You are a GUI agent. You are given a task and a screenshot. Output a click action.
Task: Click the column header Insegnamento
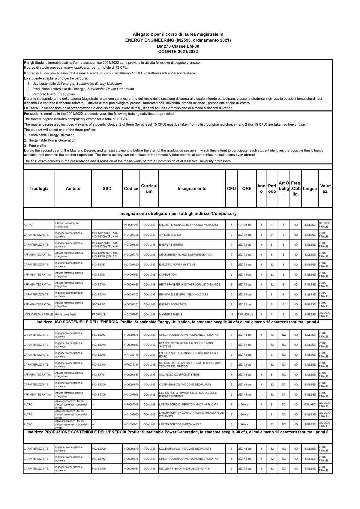[192, 189]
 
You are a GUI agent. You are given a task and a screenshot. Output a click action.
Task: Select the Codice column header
[131, 189]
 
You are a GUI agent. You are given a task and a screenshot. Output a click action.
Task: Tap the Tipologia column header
[39, 189]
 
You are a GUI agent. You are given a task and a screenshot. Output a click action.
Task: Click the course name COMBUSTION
[168, 275]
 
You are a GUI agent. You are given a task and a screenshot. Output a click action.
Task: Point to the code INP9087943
[131, 225]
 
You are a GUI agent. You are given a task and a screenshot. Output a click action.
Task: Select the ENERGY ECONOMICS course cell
[173, 304]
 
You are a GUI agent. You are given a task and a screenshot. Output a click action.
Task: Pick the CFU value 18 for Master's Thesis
[231, 315]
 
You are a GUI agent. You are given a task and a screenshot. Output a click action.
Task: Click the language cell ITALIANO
[310, 405]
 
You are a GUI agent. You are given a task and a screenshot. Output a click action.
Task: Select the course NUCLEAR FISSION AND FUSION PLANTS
[184, 469]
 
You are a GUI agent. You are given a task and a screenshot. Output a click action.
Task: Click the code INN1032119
[131, 355]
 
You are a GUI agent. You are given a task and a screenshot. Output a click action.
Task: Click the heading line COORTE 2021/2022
[178, 52]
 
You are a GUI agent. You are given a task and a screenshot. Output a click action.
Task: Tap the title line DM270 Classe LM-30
[178, 46]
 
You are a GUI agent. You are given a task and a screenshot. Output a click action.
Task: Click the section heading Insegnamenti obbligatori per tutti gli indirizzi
[178, 214]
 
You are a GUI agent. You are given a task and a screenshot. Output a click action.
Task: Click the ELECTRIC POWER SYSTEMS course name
[177, 265]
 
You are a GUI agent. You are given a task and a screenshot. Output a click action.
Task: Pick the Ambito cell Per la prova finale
[66, 315]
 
